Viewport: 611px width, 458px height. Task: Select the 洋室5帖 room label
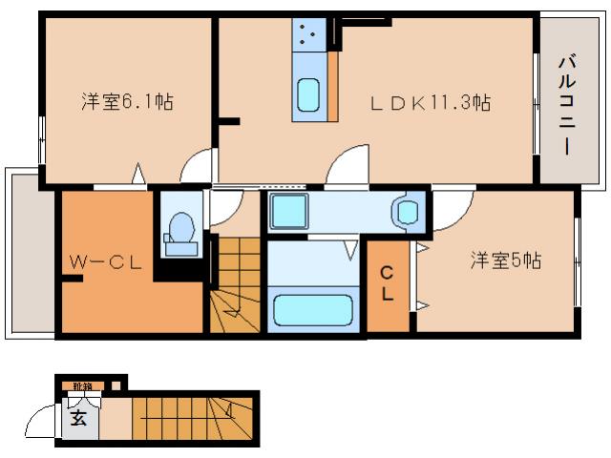[505, 260]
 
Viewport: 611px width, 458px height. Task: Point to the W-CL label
[105, 261]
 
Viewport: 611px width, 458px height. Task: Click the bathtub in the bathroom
[314, 311]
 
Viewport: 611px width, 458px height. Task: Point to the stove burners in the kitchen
[308, 34]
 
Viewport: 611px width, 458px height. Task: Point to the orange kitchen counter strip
[333, 86]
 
